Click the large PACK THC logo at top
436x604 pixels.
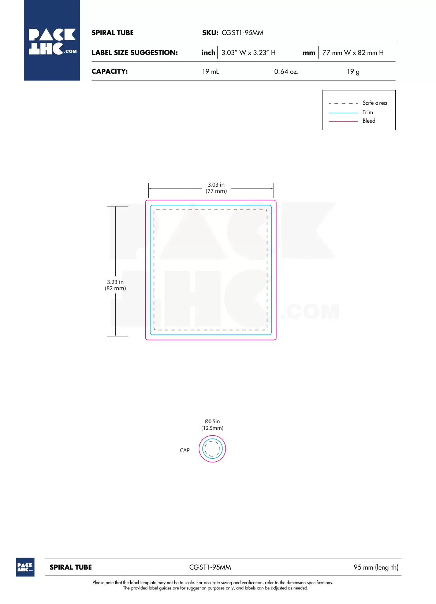[x=52, y=40]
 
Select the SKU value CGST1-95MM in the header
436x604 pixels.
[x=242, y=33]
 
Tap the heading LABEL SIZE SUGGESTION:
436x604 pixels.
[x=135, y=53]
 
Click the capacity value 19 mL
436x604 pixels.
[x=210, y=71]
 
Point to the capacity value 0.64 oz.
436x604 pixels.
[x=286, y=71]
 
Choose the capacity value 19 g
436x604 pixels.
[x=353, y=71]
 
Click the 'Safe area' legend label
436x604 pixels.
[x=374, y=103]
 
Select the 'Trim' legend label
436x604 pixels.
[x=368, y=112]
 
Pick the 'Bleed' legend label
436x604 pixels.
[x=369, y=121]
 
